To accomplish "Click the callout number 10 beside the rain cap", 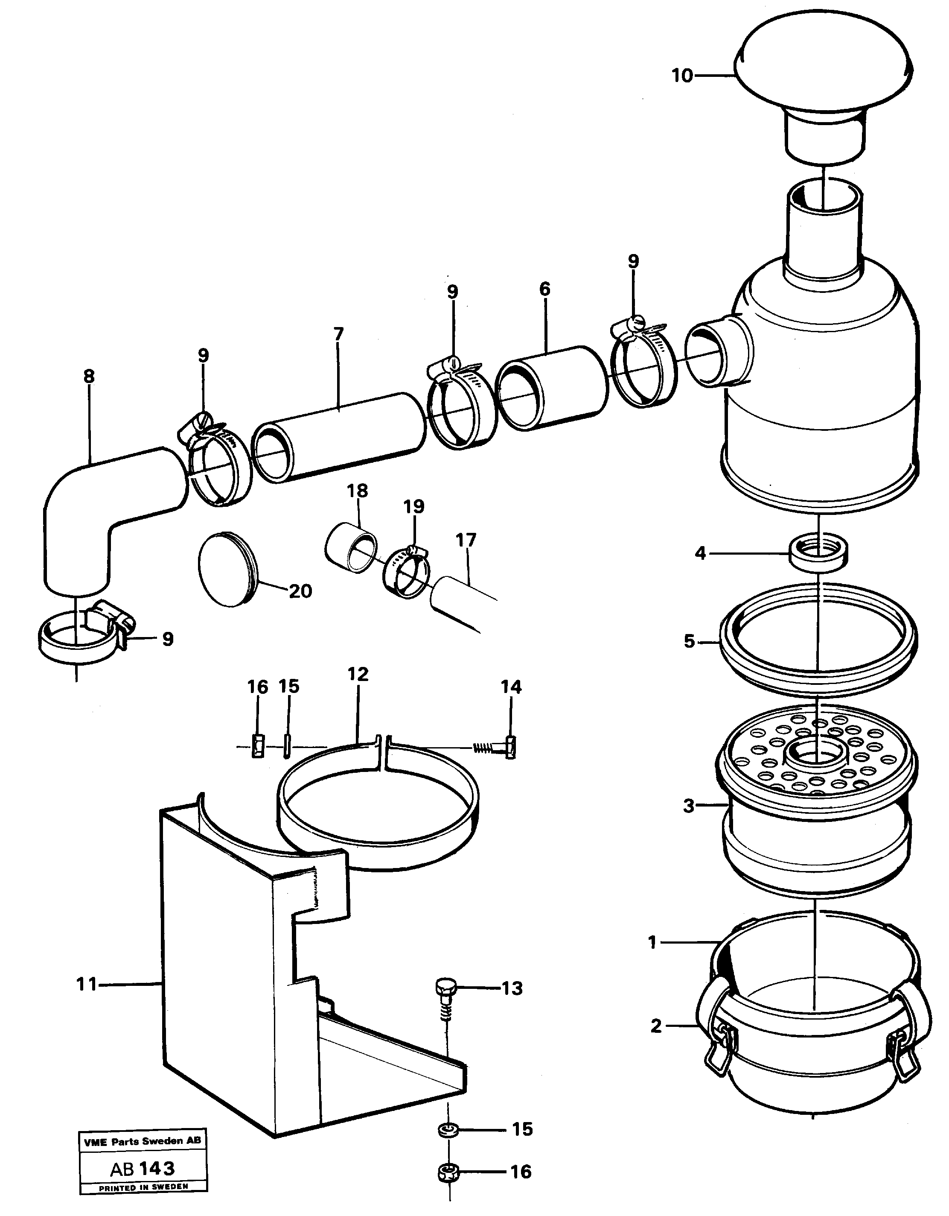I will coord(682,75).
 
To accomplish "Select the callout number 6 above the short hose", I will coord(544,289).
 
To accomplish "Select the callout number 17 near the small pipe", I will coord(466,540).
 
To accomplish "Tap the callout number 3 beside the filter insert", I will coord(689,806).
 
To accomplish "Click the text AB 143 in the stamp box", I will coord(143,1168).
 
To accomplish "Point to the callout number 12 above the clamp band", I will coord(358,674).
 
